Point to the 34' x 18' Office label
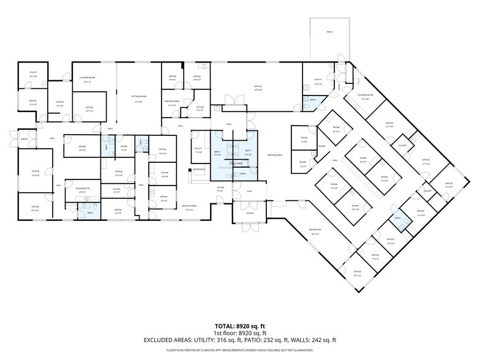258,88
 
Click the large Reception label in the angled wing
315,231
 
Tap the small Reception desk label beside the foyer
199,169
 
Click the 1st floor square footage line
240,332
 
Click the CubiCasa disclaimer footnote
240,350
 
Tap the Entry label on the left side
24,139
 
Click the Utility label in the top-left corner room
33,73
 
